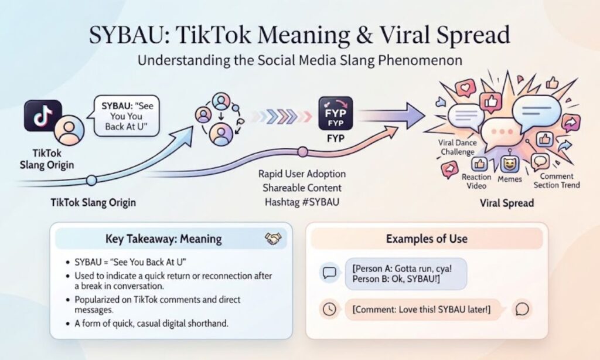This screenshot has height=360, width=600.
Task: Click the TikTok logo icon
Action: pyautogui.click(x=43, y=116)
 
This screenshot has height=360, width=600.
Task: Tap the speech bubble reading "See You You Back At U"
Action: pyautogui.click(x=127, y=116)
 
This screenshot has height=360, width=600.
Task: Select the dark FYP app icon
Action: pyautogui.click(x=336, y=113)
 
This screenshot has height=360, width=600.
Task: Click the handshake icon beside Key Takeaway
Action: pyautogui.click(x=273, y=239)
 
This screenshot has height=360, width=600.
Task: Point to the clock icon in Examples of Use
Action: pyautogui.click(x=329, y=309)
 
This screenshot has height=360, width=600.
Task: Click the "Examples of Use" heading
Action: pyautogui.click(x=427, y=239)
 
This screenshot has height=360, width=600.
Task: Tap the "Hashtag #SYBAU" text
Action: pyautogui.click(x=302, y=202)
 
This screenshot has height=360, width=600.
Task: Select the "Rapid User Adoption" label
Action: pyautogui.click(x=302, y=174)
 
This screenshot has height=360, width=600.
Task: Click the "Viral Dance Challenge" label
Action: pyautogui.click(x=457, y=147)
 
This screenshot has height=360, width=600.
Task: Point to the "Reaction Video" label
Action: pyautogui.click(x=476, y=182)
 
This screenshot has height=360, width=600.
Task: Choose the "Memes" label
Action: pyautogui.click(x=510, y=179)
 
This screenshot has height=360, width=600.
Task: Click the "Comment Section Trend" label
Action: pyautogui.click(x=557, y=181)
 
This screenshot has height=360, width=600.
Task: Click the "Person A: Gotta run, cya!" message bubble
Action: pyautogui.click(x=406, y=274)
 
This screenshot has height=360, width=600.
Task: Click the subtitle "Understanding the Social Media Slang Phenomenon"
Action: pyautogui.click(x=299, y=60)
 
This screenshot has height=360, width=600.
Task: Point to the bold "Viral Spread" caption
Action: pyautogui.click(x=507, y=203)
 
